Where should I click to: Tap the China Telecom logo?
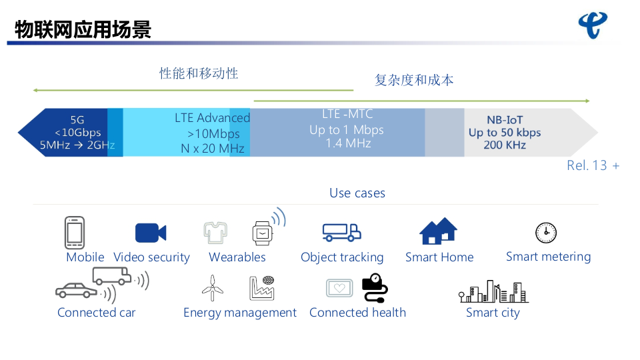pos(592,25)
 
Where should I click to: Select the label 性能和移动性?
pos(199,73)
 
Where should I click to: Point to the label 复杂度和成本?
pos(414,80)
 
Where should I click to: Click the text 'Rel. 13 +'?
pos(593,165)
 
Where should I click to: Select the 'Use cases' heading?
pos(357,193)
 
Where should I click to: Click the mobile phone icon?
pos(74,233)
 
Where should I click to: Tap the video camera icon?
pos(151,233)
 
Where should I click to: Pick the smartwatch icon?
pos(263,233)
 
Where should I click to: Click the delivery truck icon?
pos(341,232)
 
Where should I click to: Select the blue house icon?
pos(438,231)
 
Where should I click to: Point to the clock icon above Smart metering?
pos(546,233)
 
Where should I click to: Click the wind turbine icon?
pos(212,288)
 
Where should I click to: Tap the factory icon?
pos(262,288)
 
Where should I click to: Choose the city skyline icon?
pos(493,291)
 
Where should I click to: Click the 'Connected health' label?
pos(357,313)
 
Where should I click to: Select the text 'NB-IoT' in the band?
pos(505,120)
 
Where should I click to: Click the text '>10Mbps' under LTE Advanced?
pos(213,133)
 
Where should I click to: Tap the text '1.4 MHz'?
pos(348,143)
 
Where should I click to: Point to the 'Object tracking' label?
pos(342,257)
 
